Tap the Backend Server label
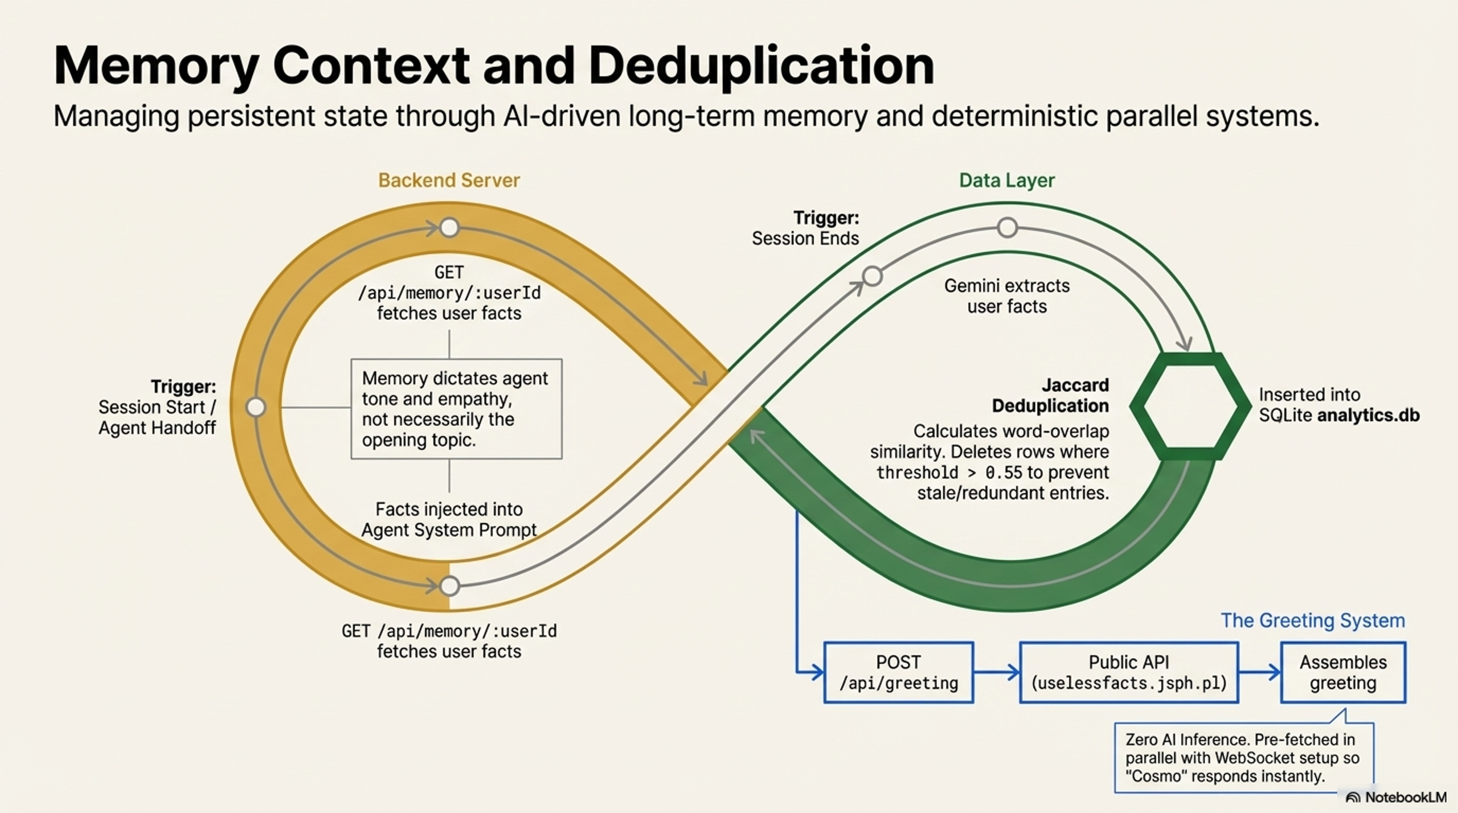(x=449, y=180)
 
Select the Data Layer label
(x=1006, y=180)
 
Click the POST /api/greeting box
(x=898, y=672)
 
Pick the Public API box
(x=1128, y=672)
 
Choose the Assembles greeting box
(x=1343, y=672)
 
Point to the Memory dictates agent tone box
(x=456, y=409)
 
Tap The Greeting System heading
(x=1312, y=620)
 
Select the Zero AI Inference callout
(x=1243, y=758)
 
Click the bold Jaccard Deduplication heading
(x=1050, y=396)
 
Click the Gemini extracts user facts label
(x=1007, y=296)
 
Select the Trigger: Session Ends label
(x=805, y=228)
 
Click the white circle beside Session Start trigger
(x=256, y=407)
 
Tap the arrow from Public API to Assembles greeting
(x=1259, y=672)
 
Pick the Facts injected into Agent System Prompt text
(x=449, y=519)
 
